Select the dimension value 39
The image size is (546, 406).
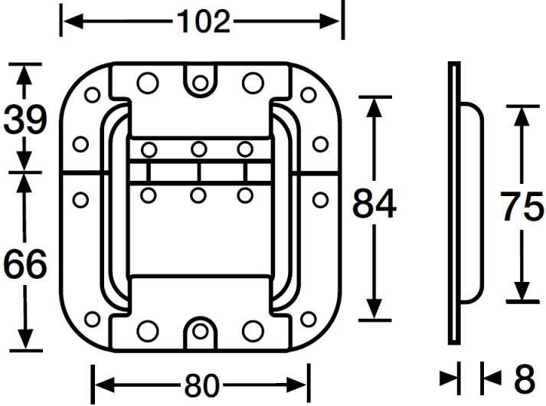pos(25,120)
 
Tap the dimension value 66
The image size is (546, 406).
pos(25,264)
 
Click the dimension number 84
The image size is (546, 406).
pos(374,205)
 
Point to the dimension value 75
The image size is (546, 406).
pos(521,205)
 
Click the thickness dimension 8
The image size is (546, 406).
pos(523,378)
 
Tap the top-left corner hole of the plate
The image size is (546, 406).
pos(93,95)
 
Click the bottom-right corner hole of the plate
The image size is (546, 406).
pos(309,319)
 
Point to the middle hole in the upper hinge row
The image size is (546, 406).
pos(198,149)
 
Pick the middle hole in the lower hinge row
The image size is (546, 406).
pos(198,195)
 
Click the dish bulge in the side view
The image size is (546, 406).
pos(473,205)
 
